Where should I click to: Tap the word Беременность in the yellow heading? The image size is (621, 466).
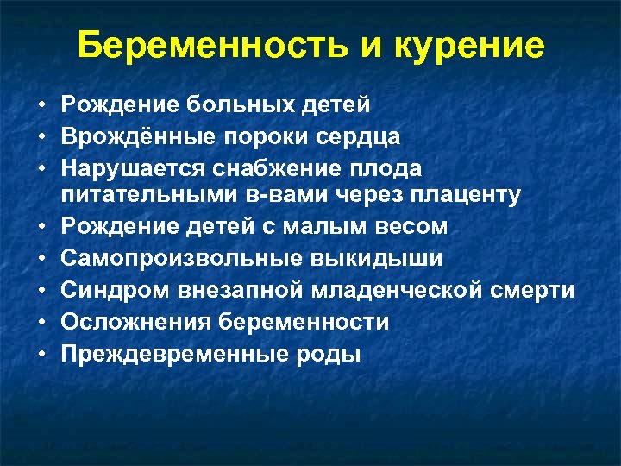216,46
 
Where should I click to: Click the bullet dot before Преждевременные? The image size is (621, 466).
41,353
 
